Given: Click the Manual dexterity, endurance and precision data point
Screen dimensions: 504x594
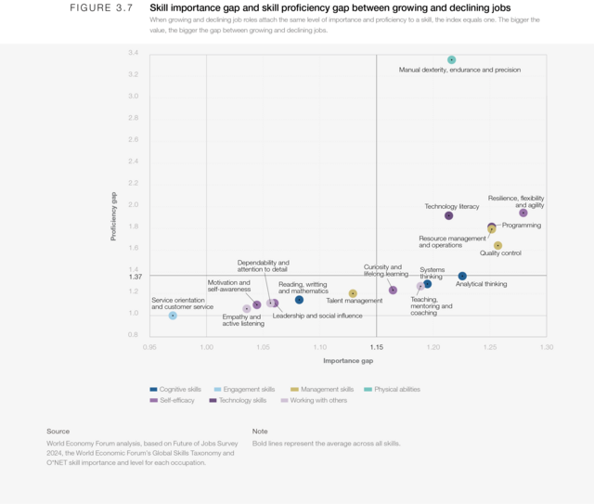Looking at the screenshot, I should click(452, 59).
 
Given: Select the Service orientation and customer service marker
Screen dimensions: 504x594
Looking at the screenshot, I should click(173, 316).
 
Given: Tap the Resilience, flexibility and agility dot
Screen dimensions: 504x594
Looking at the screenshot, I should click(523, 213).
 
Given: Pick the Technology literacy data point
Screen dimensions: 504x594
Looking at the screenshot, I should click(449, 215).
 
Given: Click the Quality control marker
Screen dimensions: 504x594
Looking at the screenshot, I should click(497, 246).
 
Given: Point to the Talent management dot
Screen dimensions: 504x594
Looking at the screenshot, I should click(353, 293).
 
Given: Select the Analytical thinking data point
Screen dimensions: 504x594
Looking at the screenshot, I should click(462, 276).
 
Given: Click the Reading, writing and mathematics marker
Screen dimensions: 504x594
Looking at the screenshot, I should click(299, 300).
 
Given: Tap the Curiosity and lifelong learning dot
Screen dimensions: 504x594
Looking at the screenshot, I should click(393, 291).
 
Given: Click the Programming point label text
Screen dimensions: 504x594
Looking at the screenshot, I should click(521, 226).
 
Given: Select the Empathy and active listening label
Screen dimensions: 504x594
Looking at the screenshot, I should click(243, 320).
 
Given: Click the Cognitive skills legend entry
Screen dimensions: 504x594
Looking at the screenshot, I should click(177, 389).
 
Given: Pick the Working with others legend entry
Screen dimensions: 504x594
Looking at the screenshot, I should click(316, 400).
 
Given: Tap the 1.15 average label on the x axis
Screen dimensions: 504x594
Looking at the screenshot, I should click(376, 346).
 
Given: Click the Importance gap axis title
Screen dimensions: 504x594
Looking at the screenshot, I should click(348, 360).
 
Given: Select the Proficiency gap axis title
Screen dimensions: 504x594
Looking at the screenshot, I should click(114, 216).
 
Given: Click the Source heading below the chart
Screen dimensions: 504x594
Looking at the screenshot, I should click(58, 431).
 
